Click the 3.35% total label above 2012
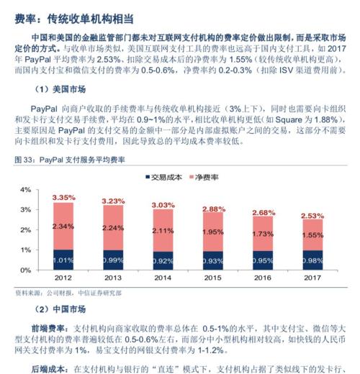tap(63, 197)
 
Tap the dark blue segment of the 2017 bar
tap(312, 260)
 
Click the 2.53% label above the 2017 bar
tap(312, 215)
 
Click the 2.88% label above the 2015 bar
tap(213, 209)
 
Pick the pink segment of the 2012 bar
tap(63, 226)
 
